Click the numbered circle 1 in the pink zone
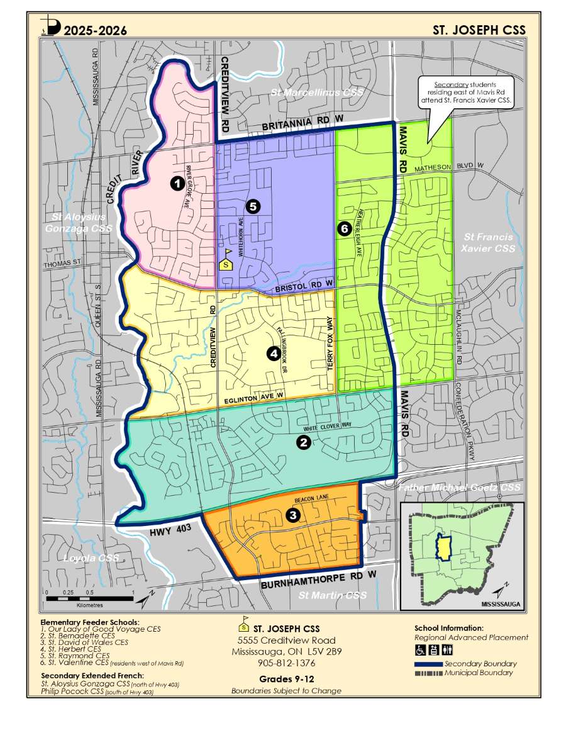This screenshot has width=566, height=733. tap(178, 183)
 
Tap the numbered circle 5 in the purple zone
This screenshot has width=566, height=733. tap(253, 206)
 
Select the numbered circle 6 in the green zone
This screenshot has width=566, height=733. tap(343, 228)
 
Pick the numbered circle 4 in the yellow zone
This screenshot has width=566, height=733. tap(274, 354)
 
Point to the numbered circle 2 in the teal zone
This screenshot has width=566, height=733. tap(303, 443)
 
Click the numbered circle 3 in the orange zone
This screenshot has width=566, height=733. tap(292, 515)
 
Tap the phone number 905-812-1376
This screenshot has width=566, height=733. tap(286, 663)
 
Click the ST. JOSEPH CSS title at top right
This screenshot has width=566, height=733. tap(479, 30)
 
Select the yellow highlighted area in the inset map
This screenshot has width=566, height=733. tap(445, 547)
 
